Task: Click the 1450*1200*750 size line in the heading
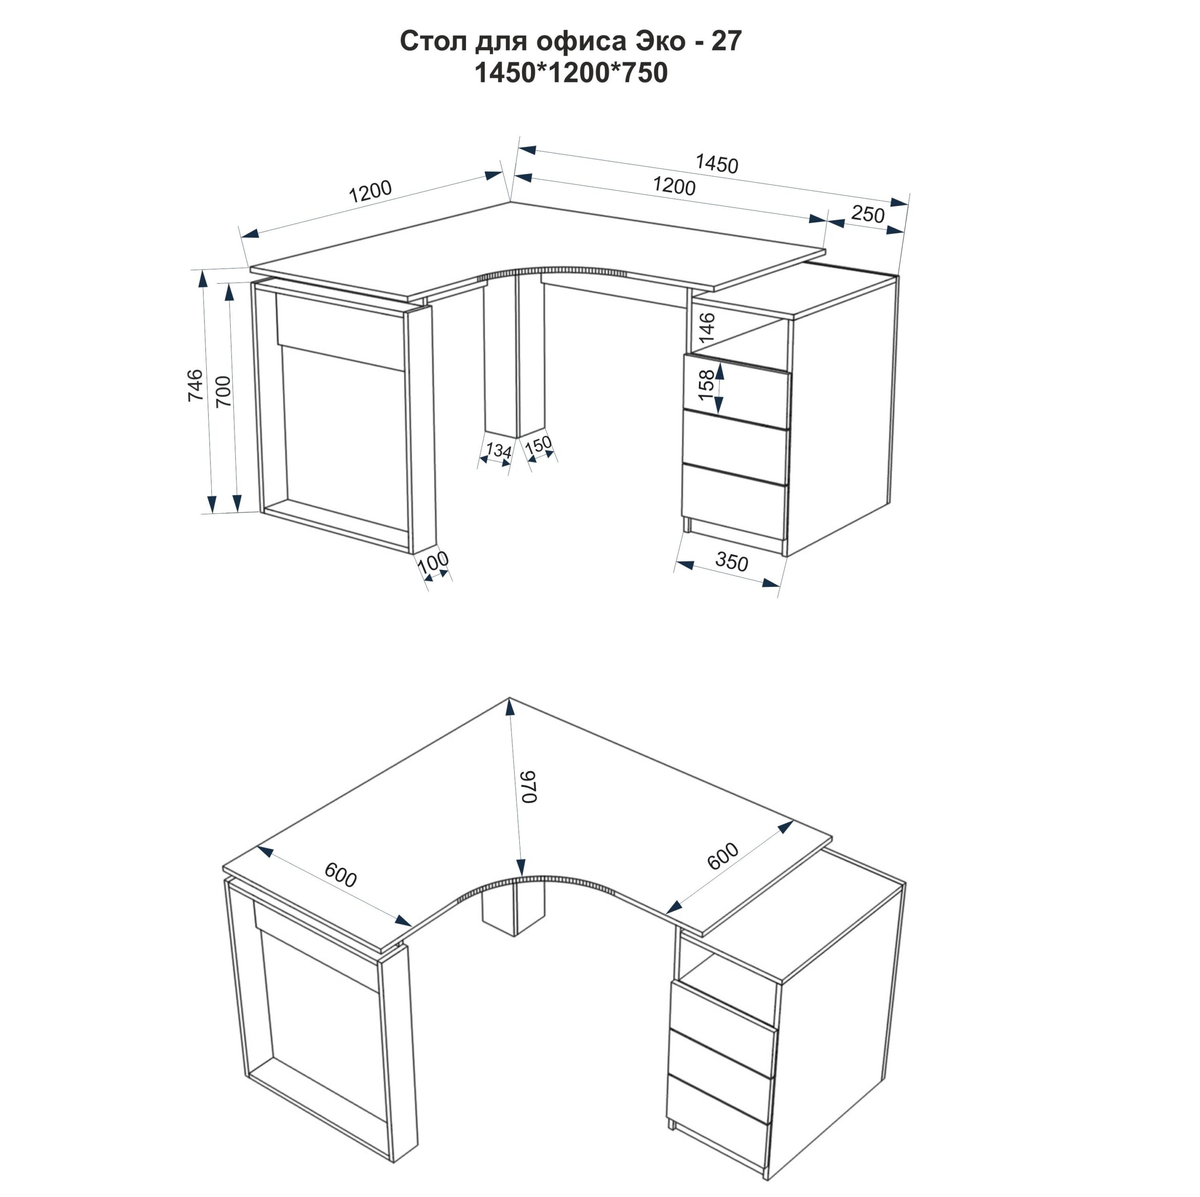pos(571,73)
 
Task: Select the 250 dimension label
pos(868,214)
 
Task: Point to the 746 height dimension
pos(195,384)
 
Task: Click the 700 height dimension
pos(223,391)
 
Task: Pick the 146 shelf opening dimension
pos(707,328)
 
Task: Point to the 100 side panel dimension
pos(433,562)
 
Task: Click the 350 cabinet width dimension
pos(732,562)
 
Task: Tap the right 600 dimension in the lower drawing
pos(724,856)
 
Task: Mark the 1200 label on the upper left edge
pos(370,191)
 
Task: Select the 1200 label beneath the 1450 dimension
pos(675,186)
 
